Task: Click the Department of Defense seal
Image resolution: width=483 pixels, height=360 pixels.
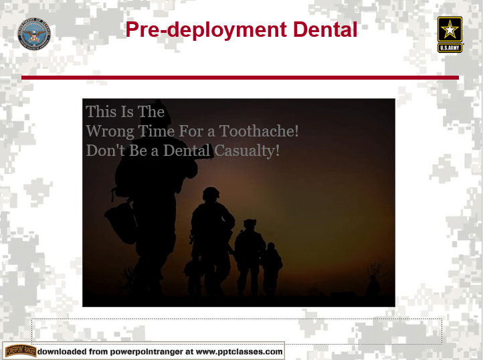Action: [34, 34]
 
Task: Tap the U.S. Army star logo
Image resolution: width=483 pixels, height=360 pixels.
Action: [450, 33]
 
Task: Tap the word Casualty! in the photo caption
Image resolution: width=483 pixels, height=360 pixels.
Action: [247, 151]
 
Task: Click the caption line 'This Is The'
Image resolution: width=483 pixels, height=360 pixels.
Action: [125, 111]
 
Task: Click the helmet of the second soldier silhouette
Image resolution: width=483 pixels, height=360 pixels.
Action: [211, 194]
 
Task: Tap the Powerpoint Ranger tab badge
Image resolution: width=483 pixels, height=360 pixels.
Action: [20, 351]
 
